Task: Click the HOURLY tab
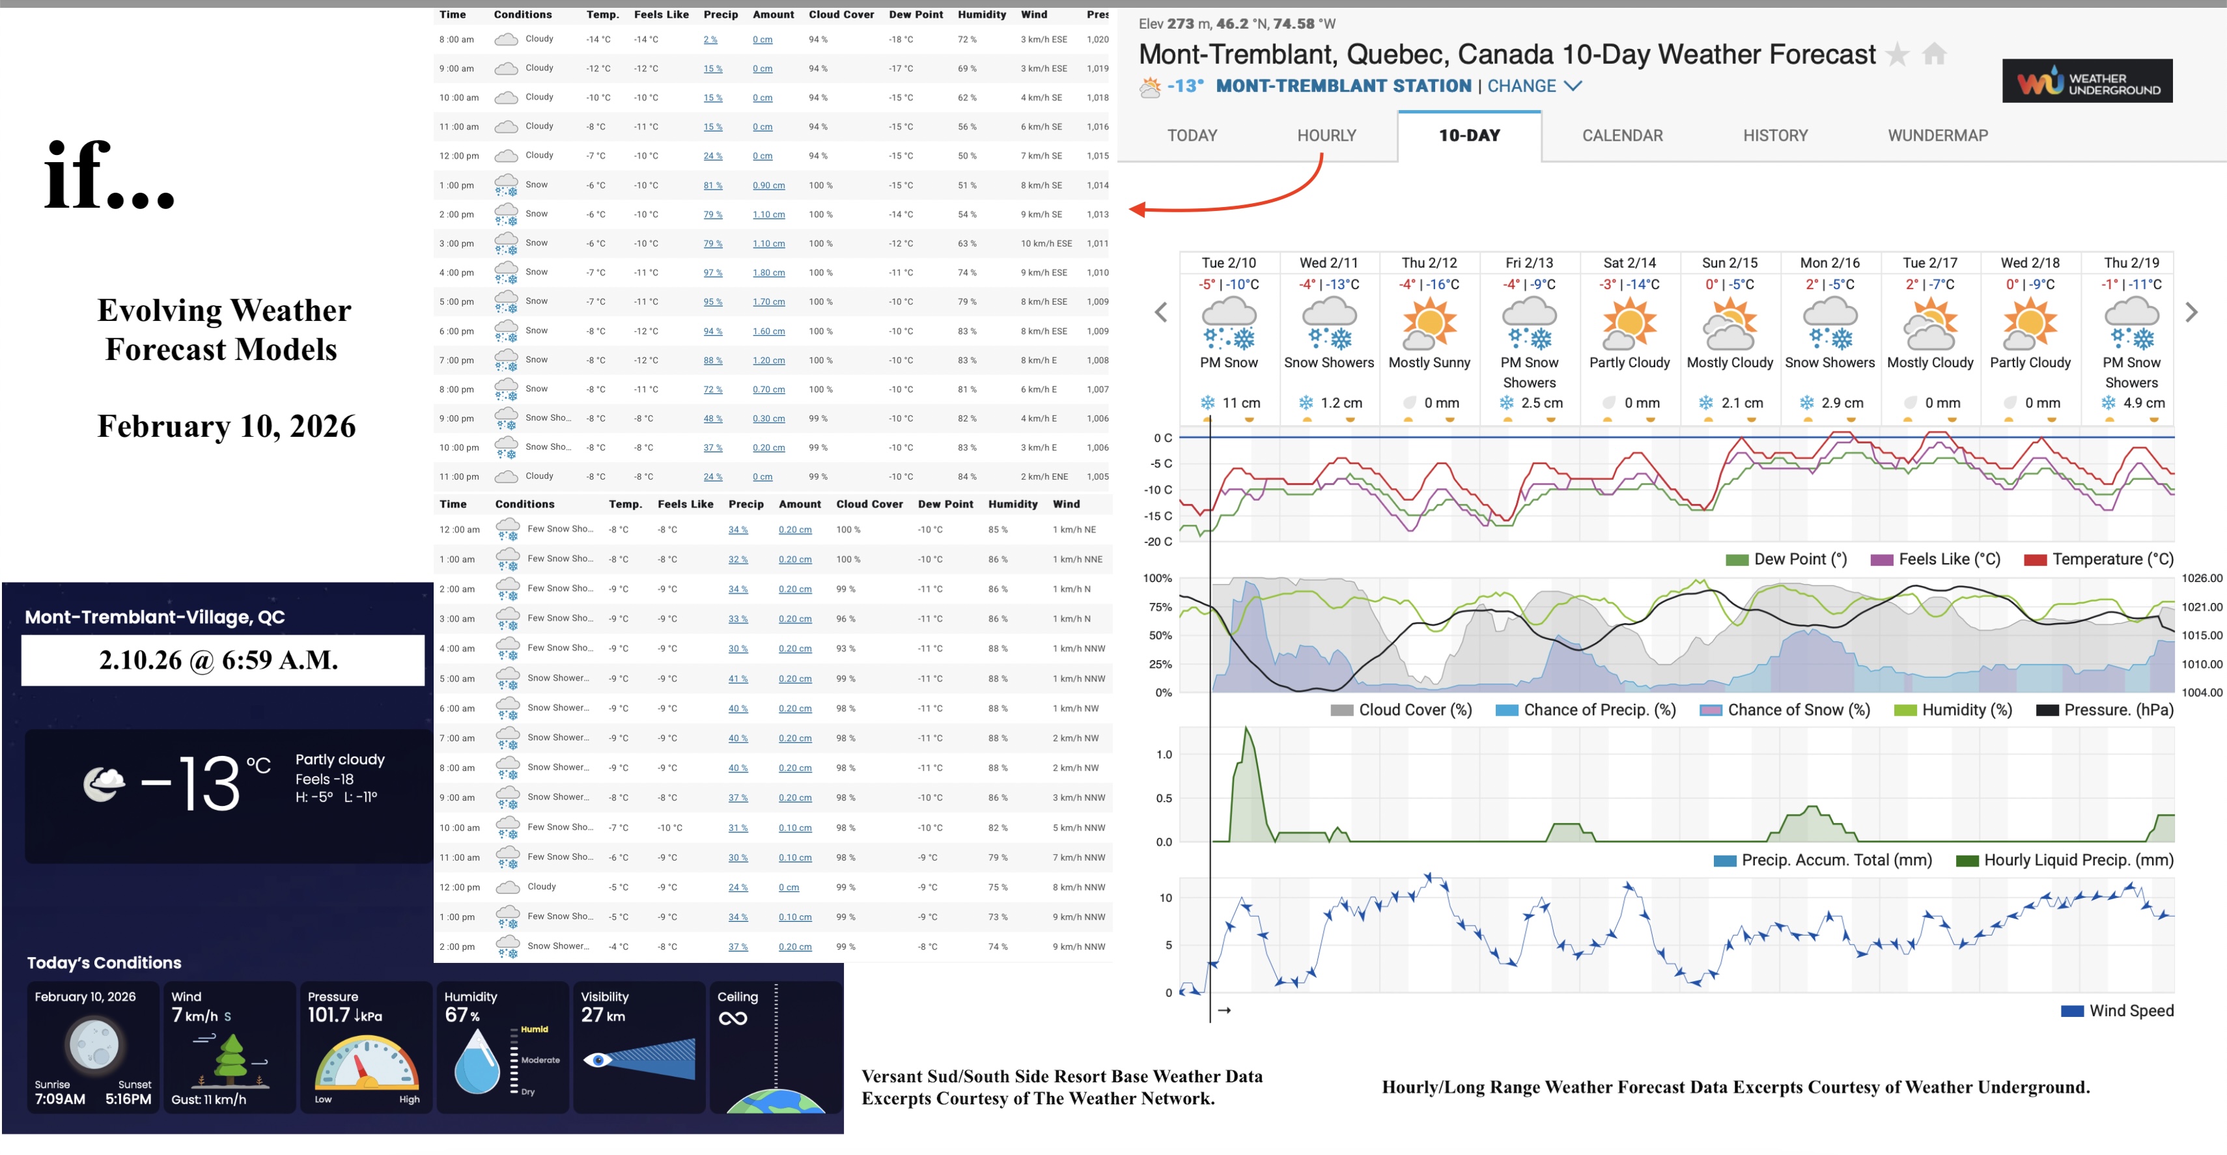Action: pyautogui.click(x=1326, y=135)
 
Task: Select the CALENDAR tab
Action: pyautogui.click(x=1622, y=135)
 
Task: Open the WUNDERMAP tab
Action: pyautogui.click(x=1937, y=135)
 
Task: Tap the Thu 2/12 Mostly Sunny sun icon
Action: pyautogui.click(x=1429, y=322)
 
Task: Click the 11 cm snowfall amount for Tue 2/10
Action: pyautogui.click(x=1240, y=403)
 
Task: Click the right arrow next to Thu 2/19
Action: pyautogui.click(x=2191, y=312)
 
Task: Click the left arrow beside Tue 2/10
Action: pyautogui.click(x=1161, y=312)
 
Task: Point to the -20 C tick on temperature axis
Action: pyautogui.click(x=1158, y=542)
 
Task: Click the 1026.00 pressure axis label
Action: pyautogui.click(x=2200, y=578)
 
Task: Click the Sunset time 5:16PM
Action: pyautogui.click(x=128, y=1099)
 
